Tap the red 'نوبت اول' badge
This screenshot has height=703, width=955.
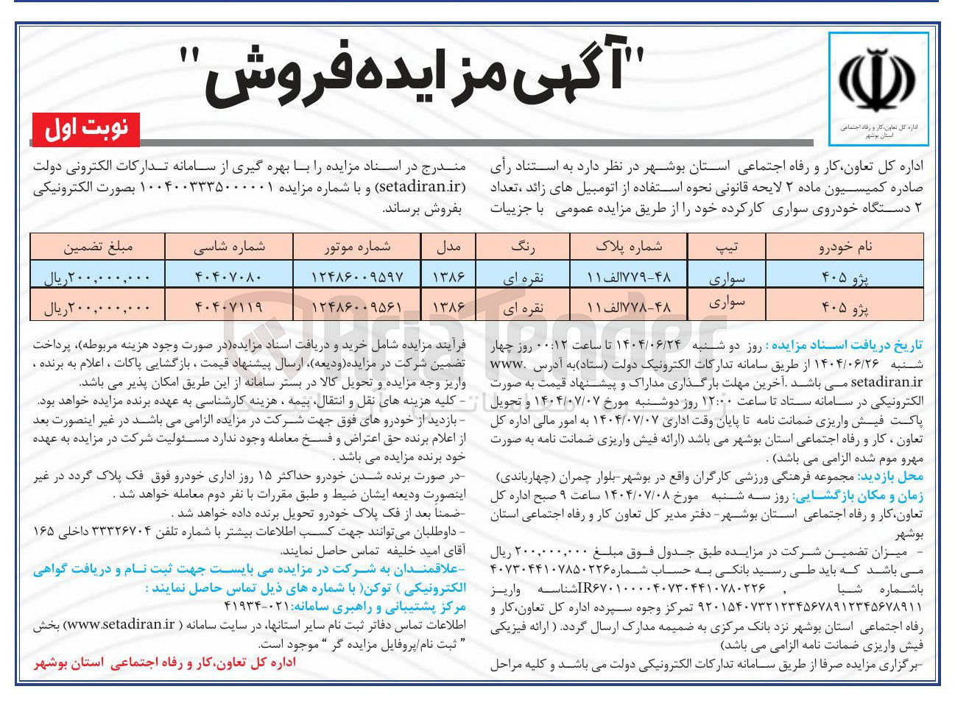[86, 130]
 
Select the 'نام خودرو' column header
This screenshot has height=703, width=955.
[845, 247]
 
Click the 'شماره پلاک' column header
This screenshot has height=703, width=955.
[628, 247]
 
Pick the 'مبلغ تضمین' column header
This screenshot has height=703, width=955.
[98, 247]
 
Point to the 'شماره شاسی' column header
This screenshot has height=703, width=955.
[229, 247]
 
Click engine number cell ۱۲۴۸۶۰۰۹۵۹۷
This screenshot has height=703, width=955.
[357, 277]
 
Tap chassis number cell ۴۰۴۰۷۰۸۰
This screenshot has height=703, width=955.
[229, 277]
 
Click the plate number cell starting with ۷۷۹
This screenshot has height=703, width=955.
[628, 277]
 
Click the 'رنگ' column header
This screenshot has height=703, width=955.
[523, 247]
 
